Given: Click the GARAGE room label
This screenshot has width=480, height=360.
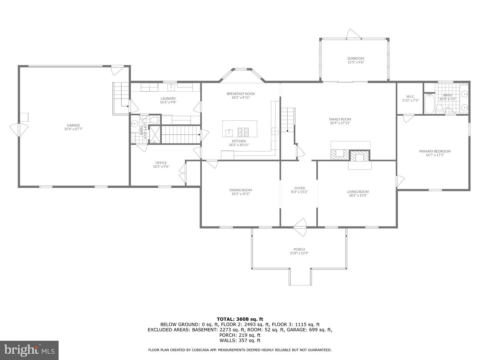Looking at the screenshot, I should [73, 125].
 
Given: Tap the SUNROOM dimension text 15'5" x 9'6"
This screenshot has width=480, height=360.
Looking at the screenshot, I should [356, 62].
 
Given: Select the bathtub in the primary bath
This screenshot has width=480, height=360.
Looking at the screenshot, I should [429, 104].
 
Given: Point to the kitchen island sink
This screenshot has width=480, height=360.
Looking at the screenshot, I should [229, 132].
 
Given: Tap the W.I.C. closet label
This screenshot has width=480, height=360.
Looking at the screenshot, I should [410, 96].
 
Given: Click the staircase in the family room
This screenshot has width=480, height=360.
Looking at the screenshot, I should [288, 120].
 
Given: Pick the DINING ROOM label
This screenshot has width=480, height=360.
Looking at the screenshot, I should [240, 190].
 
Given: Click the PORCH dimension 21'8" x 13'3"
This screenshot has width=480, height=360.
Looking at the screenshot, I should [299, 253].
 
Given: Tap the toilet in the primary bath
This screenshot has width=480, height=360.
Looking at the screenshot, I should [440, 108].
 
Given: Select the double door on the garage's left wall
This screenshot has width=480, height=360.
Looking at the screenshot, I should [19, 130].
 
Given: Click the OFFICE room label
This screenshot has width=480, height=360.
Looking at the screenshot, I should [161, 163].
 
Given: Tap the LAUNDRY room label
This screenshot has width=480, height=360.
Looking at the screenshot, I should [168, 98].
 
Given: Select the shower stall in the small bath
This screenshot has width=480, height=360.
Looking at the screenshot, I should [155, 134].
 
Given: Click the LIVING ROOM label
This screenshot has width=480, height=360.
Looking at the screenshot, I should [358, 192].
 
